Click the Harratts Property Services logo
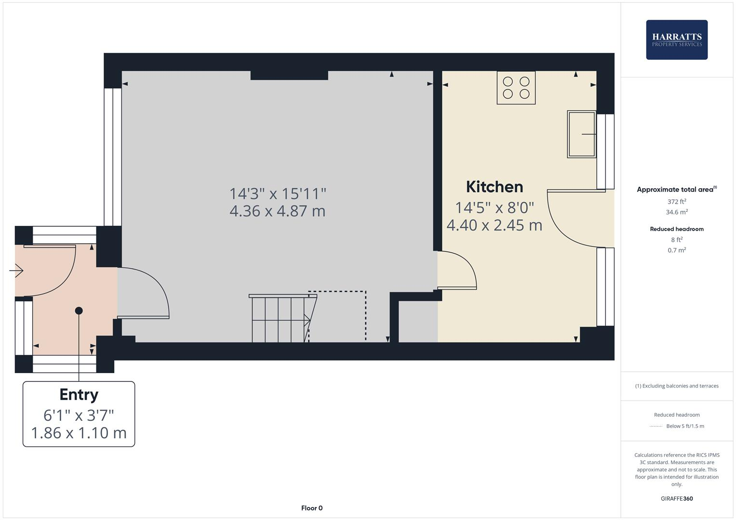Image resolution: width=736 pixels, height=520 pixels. pyautogui.click(x=676, y=39)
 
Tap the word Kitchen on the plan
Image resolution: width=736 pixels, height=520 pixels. pyautogui.click(x=494, y=187)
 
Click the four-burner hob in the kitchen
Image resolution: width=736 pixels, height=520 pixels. pyautogui.click(x=516, y=88)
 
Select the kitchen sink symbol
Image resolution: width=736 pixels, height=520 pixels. pyautogui.click(x=581, y=134)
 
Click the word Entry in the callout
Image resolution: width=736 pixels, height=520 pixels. pyautogui.click(x=79, y=395)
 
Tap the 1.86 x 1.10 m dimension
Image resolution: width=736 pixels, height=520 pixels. pyautogui.click(x=79, y=433)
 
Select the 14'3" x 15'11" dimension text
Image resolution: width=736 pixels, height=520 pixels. pyautogui.click(x=278, y=194)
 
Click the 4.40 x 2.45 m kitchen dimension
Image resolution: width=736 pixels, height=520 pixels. pyautogui.click(x=494, y=225)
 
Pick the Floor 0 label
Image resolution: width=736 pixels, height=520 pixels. pyautogui.click(x=311, y=508)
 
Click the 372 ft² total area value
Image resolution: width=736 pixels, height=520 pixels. pyautogui.click(x=676, y=202)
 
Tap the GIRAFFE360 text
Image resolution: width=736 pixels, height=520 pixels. pyautogui.click(x=676, y=499)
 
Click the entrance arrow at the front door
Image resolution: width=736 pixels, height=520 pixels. pyautogui.click(x=17, y=271)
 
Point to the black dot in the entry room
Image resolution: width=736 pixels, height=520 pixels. pyautogui.click(x=79, y=311)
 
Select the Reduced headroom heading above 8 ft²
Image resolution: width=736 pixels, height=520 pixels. pyautogui.click(x=676, y=229)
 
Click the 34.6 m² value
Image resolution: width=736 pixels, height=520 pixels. pyautogui.click(x=676, y=212)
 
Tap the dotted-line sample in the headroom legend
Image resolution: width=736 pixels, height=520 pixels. pyautogui.click(x=656, y=426)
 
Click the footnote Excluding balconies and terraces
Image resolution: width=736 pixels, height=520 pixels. pyautogui.click(x=676, y=386)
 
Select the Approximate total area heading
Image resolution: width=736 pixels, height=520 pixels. pyautogui.click(x=675, y=190)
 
